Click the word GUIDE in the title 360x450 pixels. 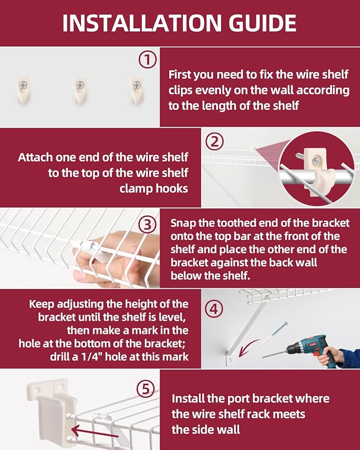click(262, 23)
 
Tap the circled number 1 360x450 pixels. click(147, 60)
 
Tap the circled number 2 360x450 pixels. click(214, 142)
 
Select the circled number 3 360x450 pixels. click(147, 225)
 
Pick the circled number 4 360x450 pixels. click(214, 310)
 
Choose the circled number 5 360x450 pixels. click(146, 389)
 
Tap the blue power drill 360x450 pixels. click(310, 349)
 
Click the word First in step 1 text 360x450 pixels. click(180, 75)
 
